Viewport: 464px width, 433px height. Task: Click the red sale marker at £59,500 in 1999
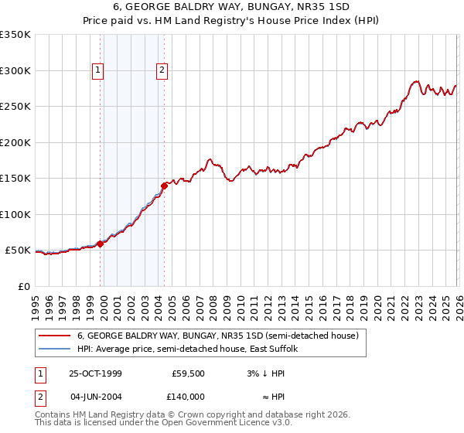[x=101, y=244]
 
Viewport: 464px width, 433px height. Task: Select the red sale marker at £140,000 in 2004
[x=164, y=186]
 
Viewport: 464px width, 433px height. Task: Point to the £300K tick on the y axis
[x=15, y=70]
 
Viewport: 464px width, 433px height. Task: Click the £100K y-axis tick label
[x=15, y=214]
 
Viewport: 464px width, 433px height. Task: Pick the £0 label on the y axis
[x=23, y=286]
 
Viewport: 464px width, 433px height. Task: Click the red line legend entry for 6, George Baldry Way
[x=217, y=336]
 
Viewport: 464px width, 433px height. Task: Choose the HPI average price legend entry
[x=192, y=349]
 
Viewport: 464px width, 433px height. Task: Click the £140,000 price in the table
[x=188, y=396]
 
